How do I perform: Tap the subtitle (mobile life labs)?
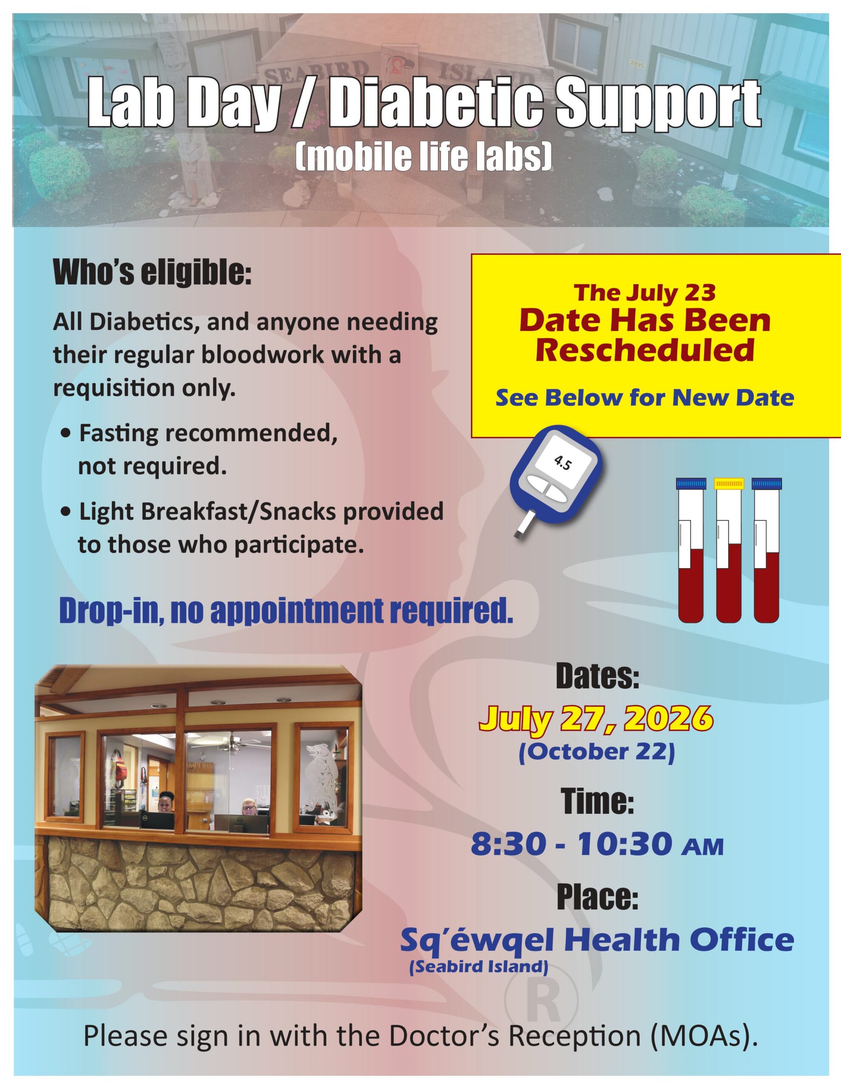click(x=424, y=157)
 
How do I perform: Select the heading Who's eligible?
click(x=153, y=273)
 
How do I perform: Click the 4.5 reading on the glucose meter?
click(x=563, y=464)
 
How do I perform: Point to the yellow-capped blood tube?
click(x=729, y=550)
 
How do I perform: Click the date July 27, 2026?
click(x=596, y=718)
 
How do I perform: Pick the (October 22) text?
click(x=597, y=753)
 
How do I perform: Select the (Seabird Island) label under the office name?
click(x=479, y=967)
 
